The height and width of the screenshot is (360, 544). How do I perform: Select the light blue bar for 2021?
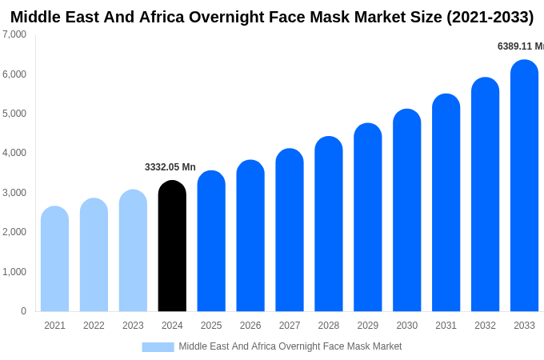click(54, 259)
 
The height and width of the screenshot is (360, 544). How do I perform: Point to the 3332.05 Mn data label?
click(170, 167)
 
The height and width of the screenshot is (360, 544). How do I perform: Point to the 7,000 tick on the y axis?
click(14, 34)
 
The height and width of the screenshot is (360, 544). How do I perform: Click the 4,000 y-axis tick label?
click(14, 153)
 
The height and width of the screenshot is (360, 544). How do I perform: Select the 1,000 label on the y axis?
click(14, 272)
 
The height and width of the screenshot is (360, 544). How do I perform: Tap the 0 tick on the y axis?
click(23, 311)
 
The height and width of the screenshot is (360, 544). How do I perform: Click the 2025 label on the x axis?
click(211, 326)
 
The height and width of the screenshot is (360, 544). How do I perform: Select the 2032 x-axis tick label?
click(485, 326)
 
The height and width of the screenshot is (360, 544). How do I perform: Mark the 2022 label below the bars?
click(94, 326)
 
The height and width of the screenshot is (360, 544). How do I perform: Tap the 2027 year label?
click(290, 326)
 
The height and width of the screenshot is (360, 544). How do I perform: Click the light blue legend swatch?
click(158, 346)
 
